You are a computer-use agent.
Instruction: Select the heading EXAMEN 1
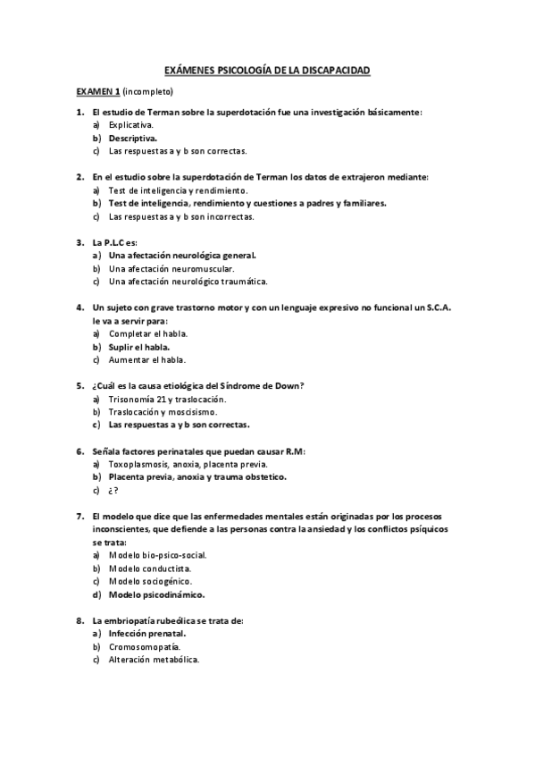point(97,91)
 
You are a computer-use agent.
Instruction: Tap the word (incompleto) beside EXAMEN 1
point(148,91)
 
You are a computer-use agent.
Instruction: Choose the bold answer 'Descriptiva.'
point(133,139)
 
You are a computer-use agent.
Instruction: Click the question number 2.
point(80,177)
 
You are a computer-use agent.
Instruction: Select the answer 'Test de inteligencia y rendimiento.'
point(178,190)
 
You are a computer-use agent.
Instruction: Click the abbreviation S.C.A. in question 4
point(435,307)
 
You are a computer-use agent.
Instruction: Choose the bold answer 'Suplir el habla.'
point(141,347)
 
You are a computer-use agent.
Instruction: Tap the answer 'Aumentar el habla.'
point(147,360)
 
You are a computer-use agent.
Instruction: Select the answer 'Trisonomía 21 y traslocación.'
point(167,399)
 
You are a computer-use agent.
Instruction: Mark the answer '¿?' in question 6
point(113,490)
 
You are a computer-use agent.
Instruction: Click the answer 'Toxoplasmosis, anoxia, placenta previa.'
point(188,464)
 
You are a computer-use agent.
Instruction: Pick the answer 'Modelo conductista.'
point(149,568)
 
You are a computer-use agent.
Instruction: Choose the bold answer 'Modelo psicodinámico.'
point(156,594)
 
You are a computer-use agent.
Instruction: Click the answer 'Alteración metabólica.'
point(154,660)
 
